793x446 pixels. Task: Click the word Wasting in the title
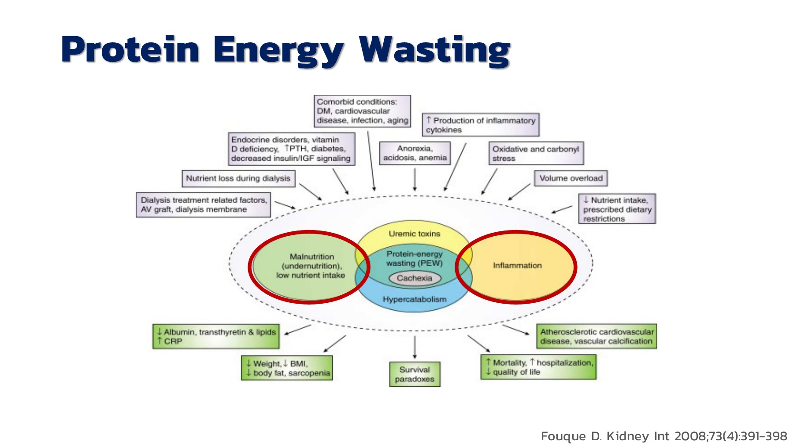coord(434,49)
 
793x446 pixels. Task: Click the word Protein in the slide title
coord(130,49)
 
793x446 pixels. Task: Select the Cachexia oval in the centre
coord(414,278)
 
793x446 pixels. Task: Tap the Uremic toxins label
coord(414,234)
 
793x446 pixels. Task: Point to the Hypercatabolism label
coord(414,299)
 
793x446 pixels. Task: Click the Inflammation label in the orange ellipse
coord(517,265)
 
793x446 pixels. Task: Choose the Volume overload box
coord(571,178)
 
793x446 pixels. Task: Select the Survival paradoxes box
coord(415,374)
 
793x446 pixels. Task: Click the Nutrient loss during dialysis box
coord(238,178)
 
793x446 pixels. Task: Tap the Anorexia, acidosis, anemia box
coord(415,153)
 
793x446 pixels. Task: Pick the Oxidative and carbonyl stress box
coord(536,153)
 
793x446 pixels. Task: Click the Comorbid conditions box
coord(362,111)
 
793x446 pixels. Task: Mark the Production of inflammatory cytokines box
coord(481,125)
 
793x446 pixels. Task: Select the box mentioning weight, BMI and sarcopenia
coord(287,368)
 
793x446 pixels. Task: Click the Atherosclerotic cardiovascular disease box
coord(597,336)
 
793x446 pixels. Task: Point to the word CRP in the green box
coord(173,342)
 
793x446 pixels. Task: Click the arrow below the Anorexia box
coord(415,179)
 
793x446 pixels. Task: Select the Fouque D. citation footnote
coord(663,436)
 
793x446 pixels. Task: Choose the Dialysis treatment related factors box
coord(203,205)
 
